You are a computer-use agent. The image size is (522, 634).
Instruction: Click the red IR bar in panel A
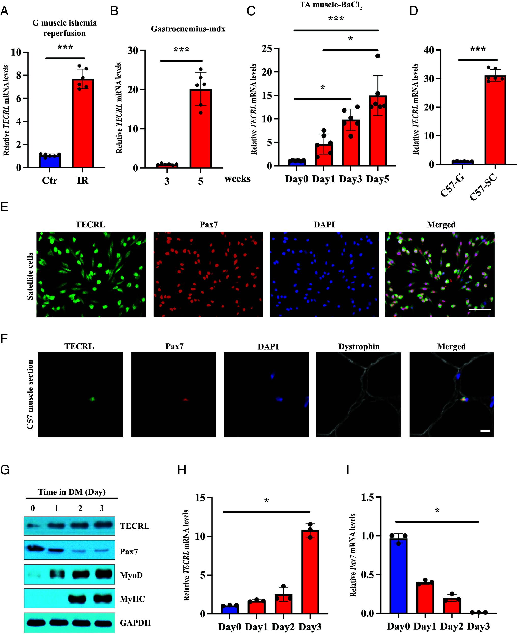83,123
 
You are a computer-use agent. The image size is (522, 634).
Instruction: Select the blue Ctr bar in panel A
50,161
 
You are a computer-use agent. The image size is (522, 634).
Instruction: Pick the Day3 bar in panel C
351,143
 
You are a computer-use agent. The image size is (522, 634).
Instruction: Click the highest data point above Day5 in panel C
378,56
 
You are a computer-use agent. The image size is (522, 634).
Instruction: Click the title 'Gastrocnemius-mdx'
188,29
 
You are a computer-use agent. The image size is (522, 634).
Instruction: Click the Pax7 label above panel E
208,225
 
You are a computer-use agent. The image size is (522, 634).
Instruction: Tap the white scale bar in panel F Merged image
485,431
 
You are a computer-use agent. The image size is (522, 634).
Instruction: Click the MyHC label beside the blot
132,599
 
